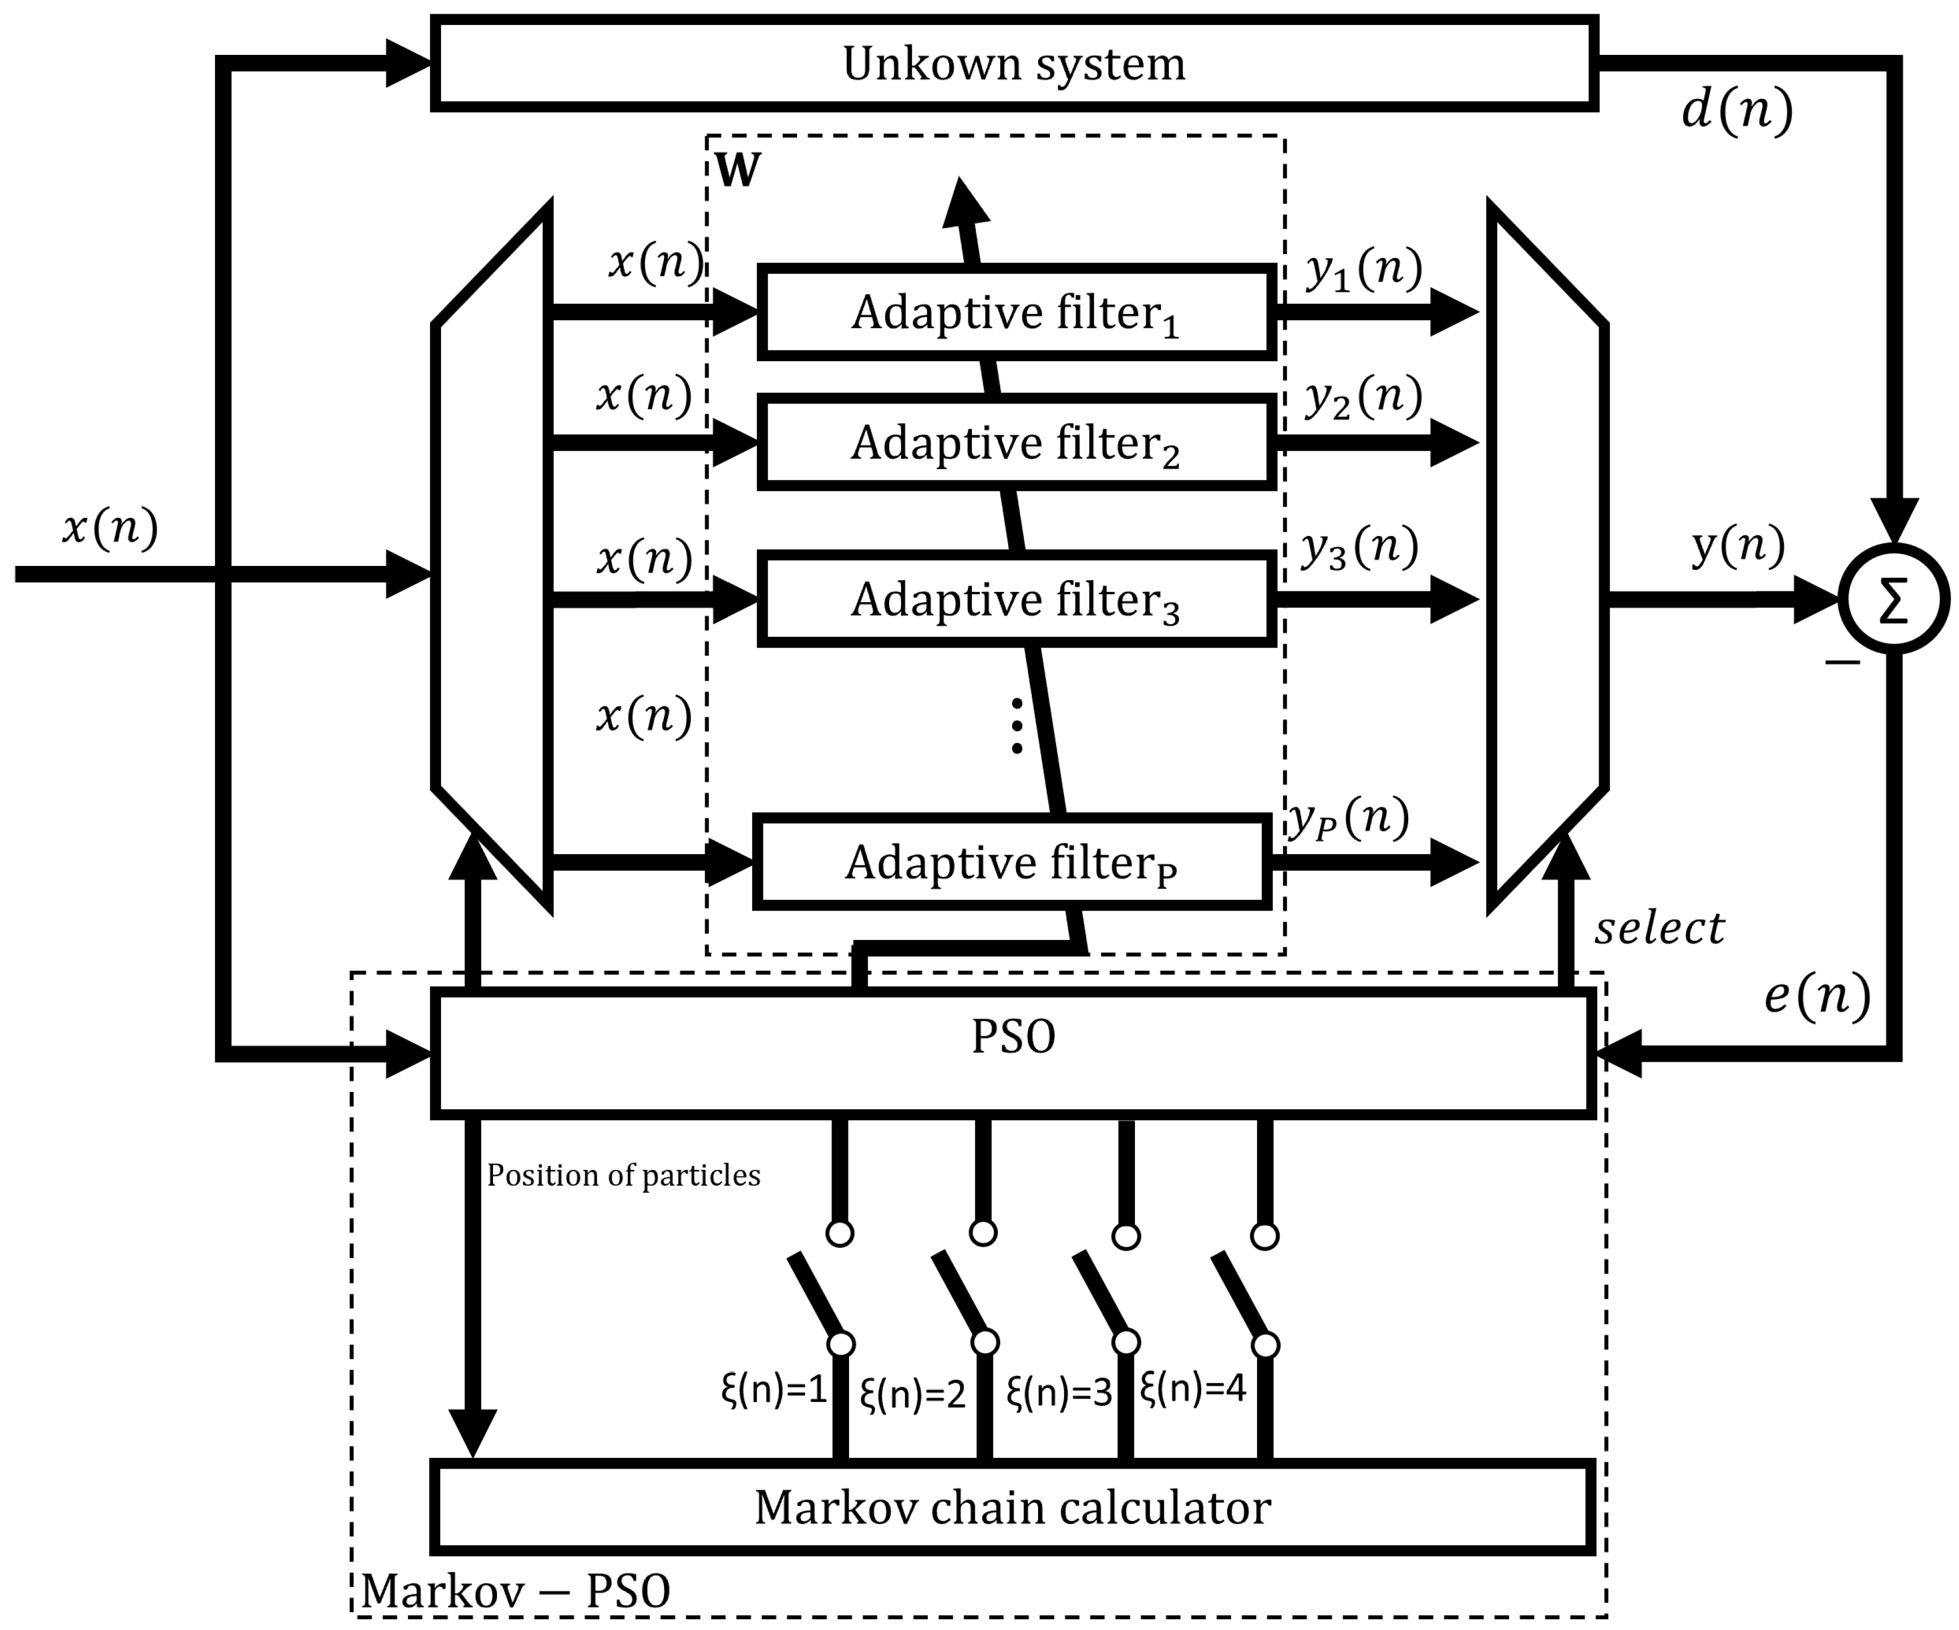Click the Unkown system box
[1013, 63]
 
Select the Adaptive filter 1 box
[1016, 312]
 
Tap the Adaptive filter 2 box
[1016, 442]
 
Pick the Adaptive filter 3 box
[1016, 599]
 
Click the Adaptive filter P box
[1011, 862]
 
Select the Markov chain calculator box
[1013, 1508]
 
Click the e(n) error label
[1817, 997]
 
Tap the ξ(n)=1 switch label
[774, 1390]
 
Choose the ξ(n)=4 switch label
[1193, 1388]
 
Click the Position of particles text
[623, 1176]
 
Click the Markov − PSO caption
[515, 1591]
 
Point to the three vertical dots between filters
[1017, 726]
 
